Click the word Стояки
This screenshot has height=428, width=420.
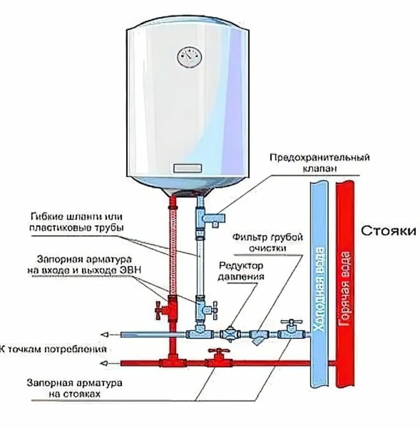click(x=389, y=231)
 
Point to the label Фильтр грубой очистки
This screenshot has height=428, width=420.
click(x=268, y=242)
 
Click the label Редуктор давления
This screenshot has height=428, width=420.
click(x=241, y=271)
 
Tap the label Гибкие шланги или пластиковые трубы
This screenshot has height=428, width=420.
click(x=76, y=222)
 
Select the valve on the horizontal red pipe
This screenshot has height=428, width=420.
click(x=218, y=358)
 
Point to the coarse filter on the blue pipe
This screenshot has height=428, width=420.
click(x=257, y=336)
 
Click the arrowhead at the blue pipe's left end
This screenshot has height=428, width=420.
click(x=104, y=334)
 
